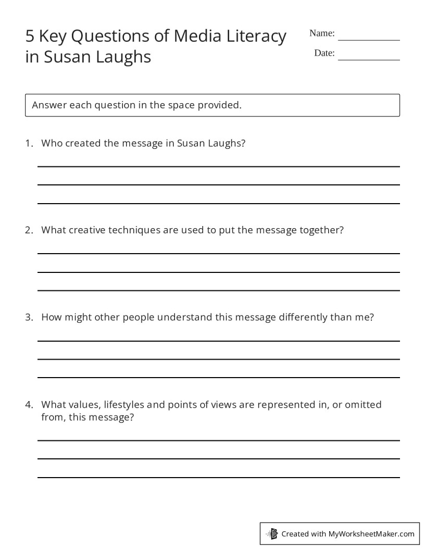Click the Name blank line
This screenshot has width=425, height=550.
click(x=369, y=39)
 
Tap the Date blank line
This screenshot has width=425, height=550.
click(x=369, y=59)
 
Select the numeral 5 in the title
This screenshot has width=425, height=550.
click(x=30, y=36)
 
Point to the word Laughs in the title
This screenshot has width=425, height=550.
click(x=123, y=56)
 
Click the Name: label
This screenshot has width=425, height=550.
click(x=322, y=33)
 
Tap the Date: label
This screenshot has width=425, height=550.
click(x=324, y=53)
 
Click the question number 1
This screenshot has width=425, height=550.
click(x=29, y=143)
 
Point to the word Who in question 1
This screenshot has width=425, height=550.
click(x=51, y=143)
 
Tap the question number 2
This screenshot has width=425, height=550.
click(x=29, y=230)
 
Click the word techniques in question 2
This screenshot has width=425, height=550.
click(x=134, y=230)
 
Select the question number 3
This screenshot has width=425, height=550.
click(x=29, y=317)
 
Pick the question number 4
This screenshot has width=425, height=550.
click(x=29, y=405)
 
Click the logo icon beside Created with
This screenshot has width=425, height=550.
click(x=272, y=533)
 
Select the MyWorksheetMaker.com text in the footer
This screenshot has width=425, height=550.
click(x=371, y=534)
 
